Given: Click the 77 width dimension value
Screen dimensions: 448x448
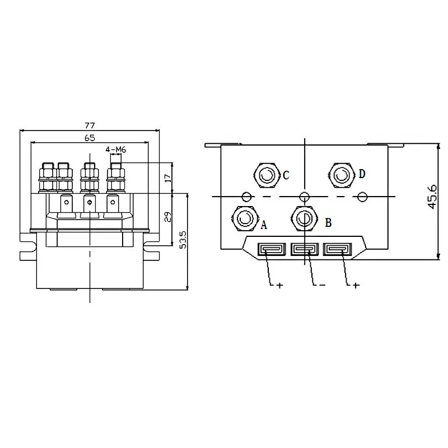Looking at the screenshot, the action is click(x=90, y=125).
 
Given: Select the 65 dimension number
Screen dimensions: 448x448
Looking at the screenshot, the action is click(x=90, y=138).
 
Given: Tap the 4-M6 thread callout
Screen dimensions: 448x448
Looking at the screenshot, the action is click(x=116, y=150).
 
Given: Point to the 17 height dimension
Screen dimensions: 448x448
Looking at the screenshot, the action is click(x=168, y=178).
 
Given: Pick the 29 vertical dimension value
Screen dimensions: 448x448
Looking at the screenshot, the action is click(x=168, y=217).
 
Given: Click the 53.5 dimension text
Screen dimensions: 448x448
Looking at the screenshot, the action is click(x=183, y=240).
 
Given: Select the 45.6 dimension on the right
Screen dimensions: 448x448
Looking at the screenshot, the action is click(x=433, y=197).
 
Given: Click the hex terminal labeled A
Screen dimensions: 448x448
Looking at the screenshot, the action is click(x=245, y=219).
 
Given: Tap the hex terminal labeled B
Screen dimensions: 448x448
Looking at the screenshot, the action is click(x=304, y=219).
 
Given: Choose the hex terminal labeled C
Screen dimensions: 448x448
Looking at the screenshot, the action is click(x=267, y=175).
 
